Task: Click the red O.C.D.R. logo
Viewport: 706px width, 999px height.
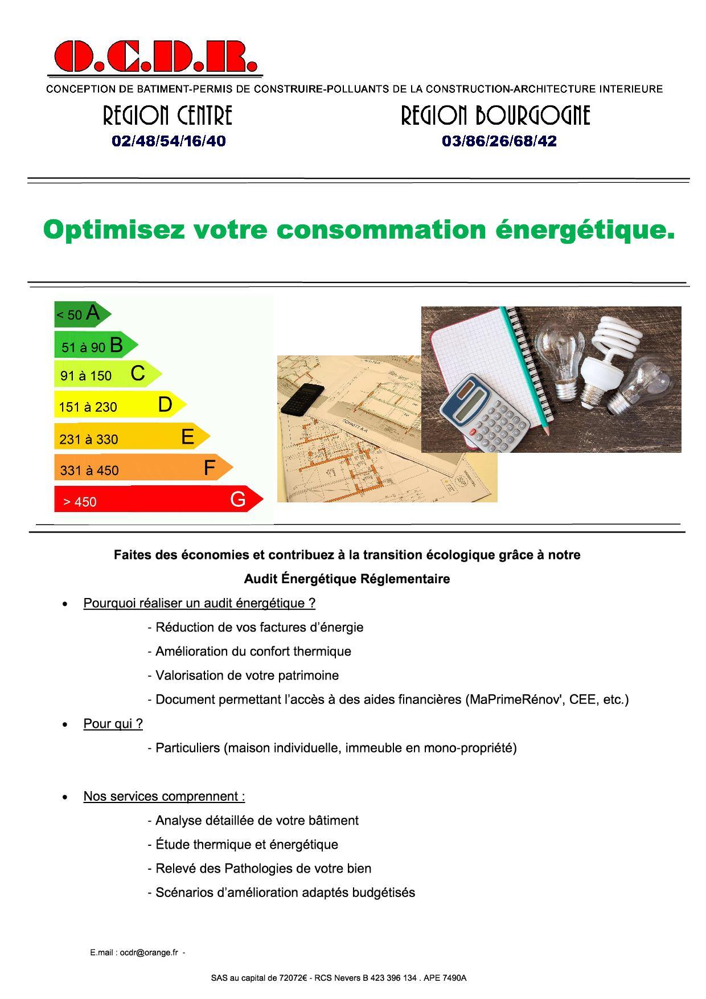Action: [155, 57]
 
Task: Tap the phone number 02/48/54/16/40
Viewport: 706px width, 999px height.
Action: [169, 141]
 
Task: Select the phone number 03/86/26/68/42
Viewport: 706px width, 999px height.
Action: [499, 141]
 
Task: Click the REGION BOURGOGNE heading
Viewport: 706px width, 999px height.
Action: [495, 116]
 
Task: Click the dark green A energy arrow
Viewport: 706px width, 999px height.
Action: [82, 314]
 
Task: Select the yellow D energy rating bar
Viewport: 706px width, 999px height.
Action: [120, 405]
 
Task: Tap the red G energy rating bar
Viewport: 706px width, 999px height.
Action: [158, 499]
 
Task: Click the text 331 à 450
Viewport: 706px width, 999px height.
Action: [89, 470]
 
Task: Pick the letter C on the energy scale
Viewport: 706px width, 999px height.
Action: [138, 374]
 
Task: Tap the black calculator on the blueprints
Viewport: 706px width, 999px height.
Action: [302, 398]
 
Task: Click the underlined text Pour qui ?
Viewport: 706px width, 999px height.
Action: [113, 723]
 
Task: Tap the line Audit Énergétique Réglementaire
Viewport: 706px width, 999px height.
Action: [347, 579]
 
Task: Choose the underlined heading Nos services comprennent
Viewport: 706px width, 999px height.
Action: [164, 796]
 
